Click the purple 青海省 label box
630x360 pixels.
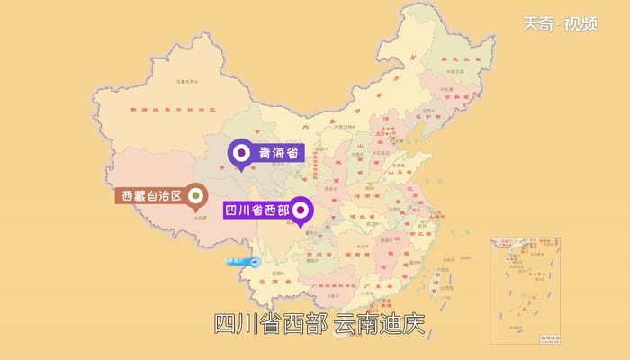click(278, 153)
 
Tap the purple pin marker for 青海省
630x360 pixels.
click(240, 154)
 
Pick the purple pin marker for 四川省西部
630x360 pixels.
click(301, 211)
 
